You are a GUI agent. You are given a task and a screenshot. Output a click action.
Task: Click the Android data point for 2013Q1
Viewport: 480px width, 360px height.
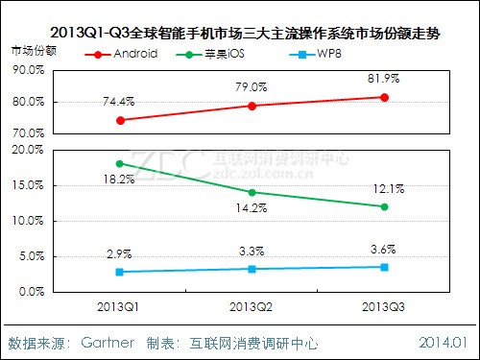point(120,120)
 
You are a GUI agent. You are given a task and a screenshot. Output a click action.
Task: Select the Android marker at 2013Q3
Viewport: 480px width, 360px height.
point(385,97)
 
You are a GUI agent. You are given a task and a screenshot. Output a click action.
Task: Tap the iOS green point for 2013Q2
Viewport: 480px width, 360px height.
point(252,192)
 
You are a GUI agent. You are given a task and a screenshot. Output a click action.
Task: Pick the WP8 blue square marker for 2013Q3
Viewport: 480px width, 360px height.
point(385,266)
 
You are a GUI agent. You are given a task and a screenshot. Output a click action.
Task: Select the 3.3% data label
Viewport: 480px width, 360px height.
point(252,252)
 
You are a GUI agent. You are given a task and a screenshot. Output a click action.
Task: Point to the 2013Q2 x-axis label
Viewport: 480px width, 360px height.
point(252,307)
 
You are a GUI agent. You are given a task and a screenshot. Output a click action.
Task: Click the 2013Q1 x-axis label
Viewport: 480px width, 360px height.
point(120,307)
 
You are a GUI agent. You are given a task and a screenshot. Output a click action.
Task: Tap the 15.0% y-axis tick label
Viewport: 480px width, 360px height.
point(27,185)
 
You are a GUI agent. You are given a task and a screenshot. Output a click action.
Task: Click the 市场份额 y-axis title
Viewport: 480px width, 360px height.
point(33,47)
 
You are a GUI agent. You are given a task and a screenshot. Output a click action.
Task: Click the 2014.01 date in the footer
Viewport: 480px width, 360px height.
point(444,343)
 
